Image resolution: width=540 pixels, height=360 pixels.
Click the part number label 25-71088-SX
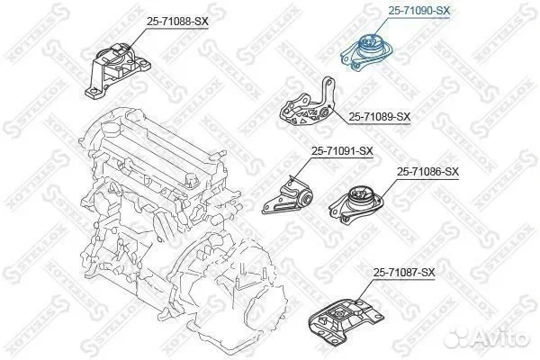coord(177,22)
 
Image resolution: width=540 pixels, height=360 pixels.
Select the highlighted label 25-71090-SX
coord(419,11)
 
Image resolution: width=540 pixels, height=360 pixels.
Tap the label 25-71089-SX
coord(380,117)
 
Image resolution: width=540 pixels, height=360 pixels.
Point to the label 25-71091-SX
coord(342,151)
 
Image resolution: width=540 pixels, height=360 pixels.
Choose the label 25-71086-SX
coord(427,171)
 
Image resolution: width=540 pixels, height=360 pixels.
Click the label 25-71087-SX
coord(404,273)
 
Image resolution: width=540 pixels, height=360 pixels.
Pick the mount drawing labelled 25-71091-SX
coord(287,195)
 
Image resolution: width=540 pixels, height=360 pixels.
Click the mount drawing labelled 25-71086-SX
coord(355,204)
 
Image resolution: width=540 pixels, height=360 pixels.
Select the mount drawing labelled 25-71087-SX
coord(346,319)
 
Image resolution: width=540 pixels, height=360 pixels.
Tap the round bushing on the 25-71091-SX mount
coord(305,198)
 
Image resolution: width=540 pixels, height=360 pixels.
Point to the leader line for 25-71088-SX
coord(137,39)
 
